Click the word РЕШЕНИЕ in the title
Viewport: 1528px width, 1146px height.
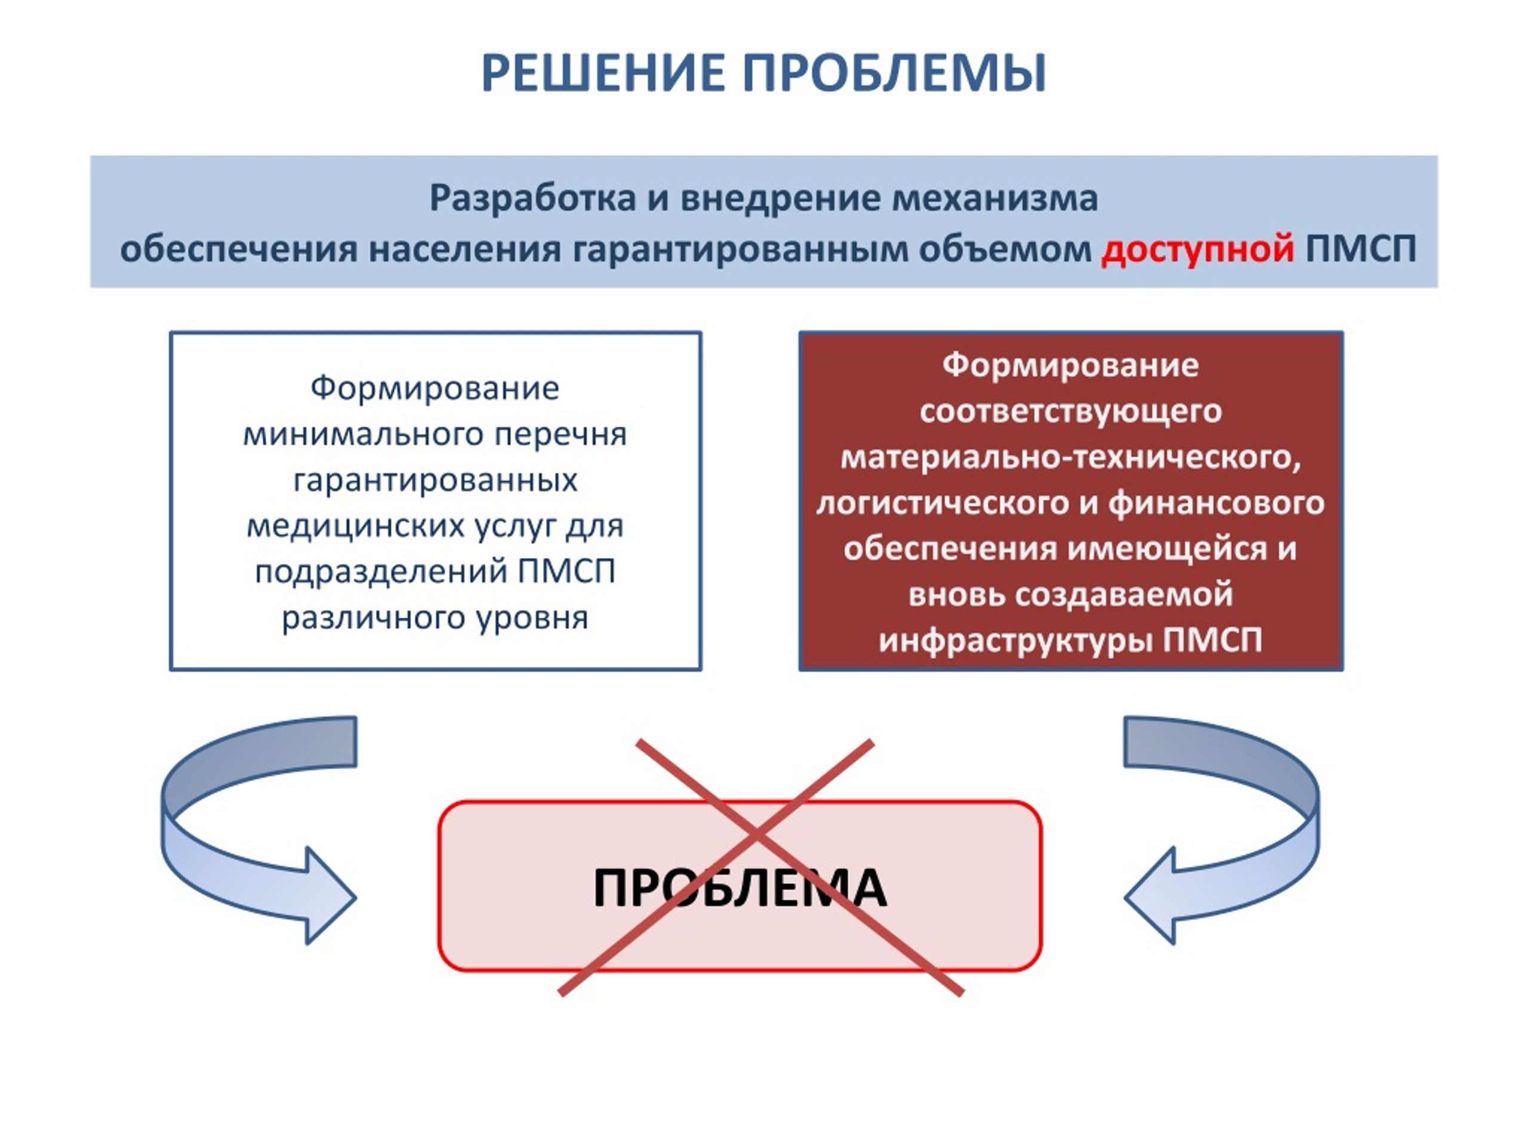[x=603, y=73]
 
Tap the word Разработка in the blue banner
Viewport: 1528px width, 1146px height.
[x=532, y=198]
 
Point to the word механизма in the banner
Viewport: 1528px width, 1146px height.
[x=995, y=198]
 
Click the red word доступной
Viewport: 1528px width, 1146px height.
[x=1197, y=249]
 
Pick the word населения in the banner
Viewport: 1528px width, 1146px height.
[x=464, y=249]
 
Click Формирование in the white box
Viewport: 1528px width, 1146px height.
[x=435, y=387]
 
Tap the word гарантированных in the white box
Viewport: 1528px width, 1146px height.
[x=435, y=480]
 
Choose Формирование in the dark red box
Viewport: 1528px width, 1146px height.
[x=1070, y=365]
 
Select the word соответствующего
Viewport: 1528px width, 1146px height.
[x=1070, y=412]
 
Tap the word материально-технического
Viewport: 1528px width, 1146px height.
[x=1070, y=457]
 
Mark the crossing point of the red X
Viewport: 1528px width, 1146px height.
[x=757, y=837]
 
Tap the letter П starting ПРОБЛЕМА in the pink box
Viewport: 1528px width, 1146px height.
[x=611, y=888]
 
